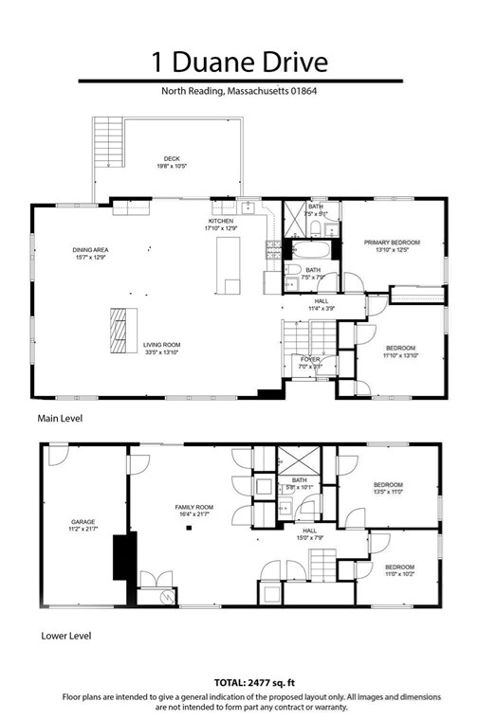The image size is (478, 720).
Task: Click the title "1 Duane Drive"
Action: click(239, 63)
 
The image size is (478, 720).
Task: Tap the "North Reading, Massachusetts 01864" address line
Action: click(239, 92)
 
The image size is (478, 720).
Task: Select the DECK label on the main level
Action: click(172, 159)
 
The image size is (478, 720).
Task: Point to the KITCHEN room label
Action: click(220, 223)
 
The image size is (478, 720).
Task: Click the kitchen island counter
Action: click(228, 266)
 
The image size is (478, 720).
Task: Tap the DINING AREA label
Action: click(90, 250)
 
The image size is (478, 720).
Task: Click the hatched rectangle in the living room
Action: click(119, 331)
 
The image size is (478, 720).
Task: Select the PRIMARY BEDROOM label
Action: click(392, 243)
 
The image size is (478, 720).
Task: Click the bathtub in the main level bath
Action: click(310, 252)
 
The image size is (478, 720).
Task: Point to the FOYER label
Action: click(311, 359)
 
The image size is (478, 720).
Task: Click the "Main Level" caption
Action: click(59, 418)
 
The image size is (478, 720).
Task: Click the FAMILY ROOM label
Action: click(194, 508)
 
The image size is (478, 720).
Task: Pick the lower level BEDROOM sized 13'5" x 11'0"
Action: click(387, 485)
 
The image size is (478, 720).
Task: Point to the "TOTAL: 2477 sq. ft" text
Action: click(239, 682)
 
